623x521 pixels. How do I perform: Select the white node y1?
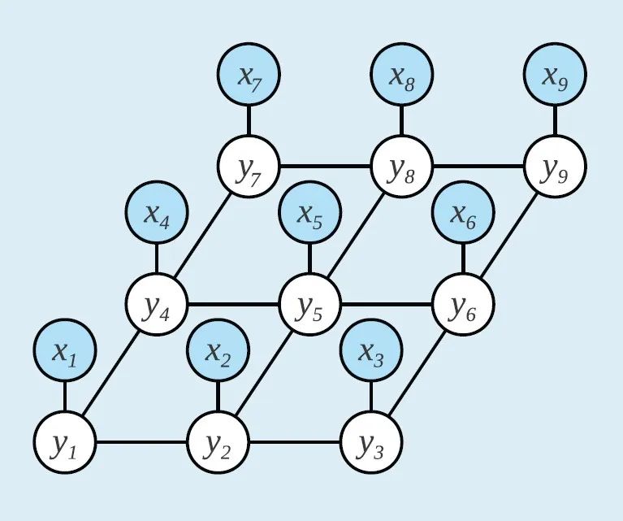(65, 444)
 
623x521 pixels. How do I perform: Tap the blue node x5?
(309, 214)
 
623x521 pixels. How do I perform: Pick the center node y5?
(309, 306)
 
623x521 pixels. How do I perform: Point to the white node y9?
(555, 168)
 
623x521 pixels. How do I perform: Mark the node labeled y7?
(249, 168)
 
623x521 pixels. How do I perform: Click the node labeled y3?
(371, 444)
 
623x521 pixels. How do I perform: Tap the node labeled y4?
(157, 306)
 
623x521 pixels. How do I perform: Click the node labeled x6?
(463, 214)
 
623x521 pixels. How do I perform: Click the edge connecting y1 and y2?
(141, 444)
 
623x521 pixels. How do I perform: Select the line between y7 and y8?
(325, 168)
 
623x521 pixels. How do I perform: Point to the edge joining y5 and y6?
(386, 306)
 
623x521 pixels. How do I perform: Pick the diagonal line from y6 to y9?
(508, 237)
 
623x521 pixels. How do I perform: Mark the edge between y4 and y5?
(233, 306)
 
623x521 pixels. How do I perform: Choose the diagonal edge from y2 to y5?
(264, 375)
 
